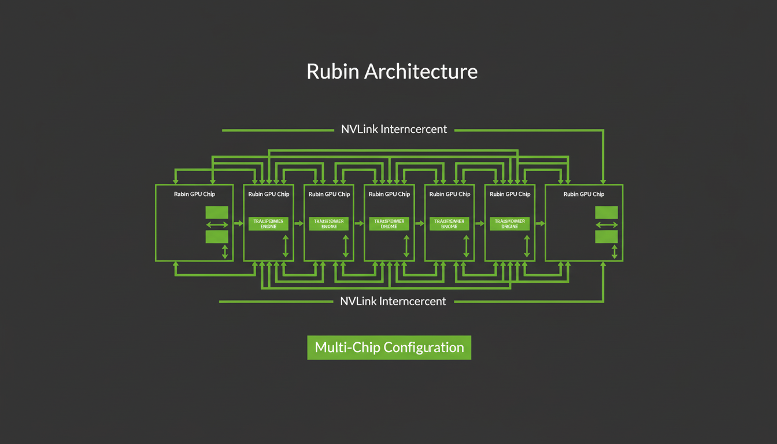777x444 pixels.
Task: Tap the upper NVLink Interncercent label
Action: pyautogui.click(x=394, y=129)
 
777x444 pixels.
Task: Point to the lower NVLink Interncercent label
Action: pyautogui.click(x=393, y=301)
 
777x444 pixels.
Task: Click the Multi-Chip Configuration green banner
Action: pyautogui.click(x=389, y=347)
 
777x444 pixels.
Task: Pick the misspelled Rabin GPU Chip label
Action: pyautogui.click(x=194, y=194)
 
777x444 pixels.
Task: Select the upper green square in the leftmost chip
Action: pyautogui.click(x=217, y=212)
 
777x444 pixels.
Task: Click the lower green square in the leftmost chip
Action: pyautogui.click(x=217, y=236)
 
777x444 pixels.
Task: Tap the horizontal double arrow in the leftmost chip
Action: pyautogui.click(x=217, y=224)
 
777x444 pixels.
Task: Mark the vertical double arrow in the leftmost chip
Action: pyautogui.click(x=225, y=251)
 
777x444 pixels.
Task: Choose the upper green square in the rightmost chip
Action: pyautogui.click(x=606, y=212)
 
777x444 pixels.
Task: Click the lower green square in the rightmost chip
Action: pyautogui.click(x=606, y=236)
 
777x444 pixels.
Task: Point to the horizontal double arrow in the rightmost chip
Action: pyautogui.click(x=606, y=224)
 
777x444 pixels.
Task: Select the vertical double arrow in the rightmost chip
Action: pyautogui.click(x=615, y=251)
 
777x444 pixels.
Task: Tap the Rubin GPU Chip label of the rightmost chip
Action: pyautogui.click(x=584, y=194)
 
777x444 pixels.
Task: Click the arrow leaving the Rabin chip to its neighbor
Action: pyautogui.click(x=238, y=223)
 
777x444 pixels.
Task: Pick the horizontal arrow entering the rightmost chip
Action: pyautogui.click(x=540, y=223)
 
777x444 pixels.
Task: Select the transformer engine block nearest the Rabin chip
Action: pyautogui.click(x=268, y=224)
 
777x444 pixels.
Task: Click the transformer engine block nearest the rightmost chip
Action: pyautogui.click(x=509, y=224)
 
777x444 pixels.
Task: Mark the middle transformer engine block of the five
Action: pyautogui.click(x=389, y=224)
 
